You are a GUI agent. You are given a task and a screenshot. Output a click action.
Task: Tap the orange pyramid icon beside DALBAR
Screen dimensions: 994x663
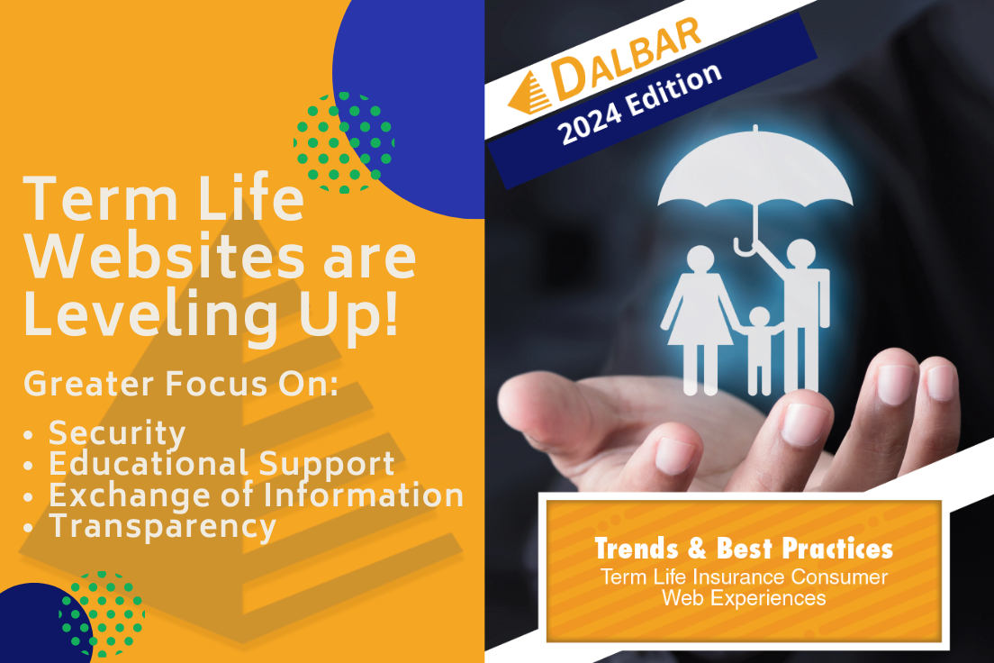(x=530, y=94)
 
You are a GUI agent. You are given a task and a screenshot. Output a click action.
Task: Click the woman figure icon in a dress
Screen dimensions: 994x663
(x=700, y=320)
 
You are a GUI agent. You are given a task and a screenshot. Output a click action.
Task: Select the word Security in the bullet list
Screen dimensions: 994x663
(x=117, y=434)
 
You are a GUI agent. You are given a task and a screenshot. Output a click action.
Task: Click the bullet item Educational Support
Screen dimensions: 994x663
(x=221, y=464)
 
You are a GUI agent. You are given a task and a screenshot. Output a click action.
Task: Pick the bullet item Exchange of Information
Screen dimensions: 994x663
(x=256, y=495)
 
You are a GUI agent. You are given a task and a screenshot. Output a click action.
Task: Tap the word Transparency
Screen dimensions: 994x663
(x=163, y=527)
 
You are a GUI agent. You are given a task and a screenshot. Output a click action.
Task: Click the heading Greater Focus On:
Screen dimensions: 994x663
(x=181, y=384)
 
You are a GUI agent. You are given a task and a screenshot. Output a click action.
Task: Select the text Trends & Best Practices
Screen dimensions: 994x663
(x=744, y=549)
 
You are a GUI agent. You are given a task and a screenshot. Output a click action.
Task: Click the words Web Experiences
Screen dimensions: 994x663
(x=744, y=598)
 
